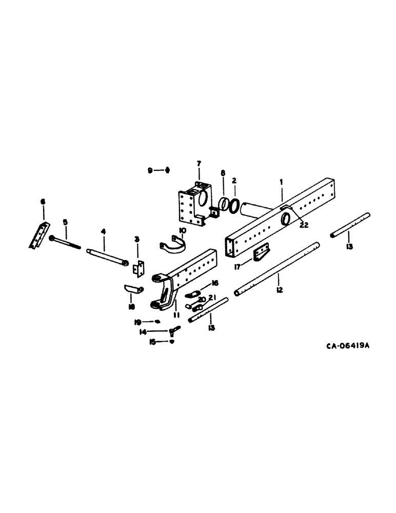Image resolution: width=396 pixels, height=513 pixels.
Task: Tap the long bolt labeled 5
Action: click(65, 242)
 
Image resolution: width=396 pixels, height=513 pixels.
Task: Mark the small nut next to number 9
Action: click(167, 170)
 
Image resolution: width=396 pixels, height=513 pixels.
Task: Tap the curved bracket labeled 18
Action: click(133, 289)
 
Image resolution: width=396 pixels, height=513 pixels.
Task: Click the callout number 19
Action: click(138, 322)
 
